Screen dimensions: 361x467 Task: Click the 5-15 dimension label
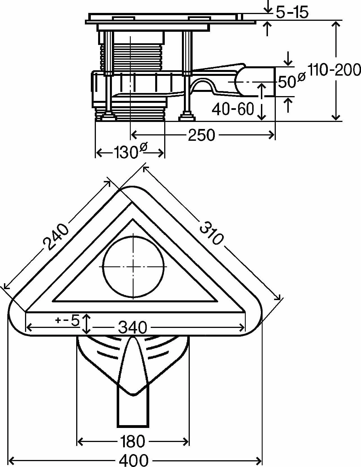pos(292,13)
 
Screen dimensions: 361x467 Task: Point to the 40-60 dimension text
pos(233,109)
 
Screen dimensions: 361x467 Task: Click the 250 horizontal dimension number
pos(202,135)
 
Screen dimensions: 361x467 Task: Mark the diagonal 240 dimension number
pos(56,237)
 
